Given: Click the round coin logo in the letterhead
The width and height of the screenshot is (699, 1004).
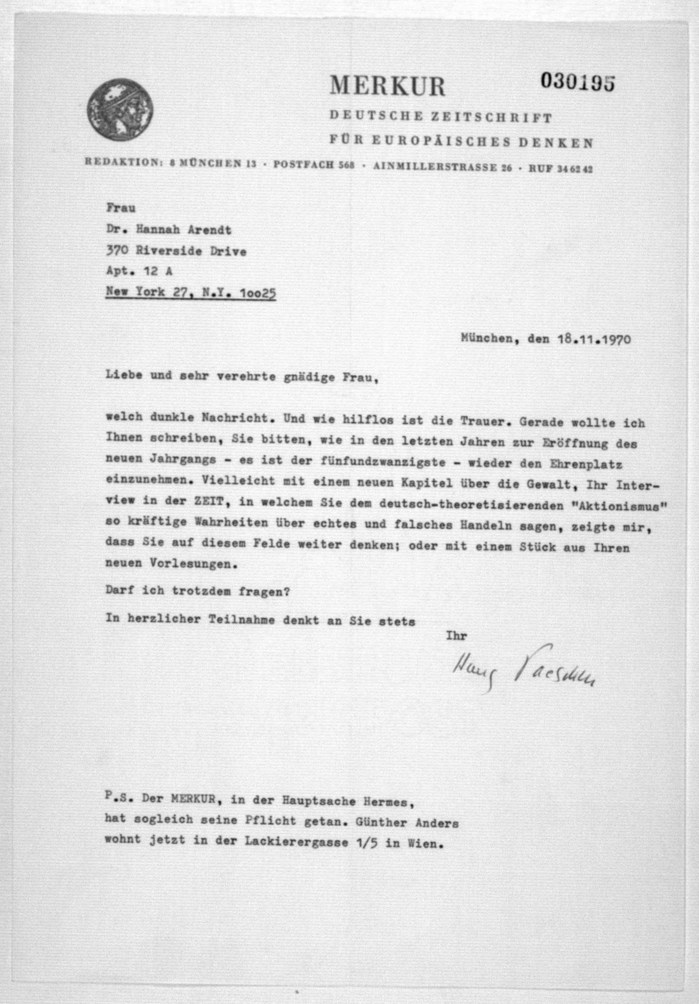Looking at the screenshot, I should (120, 112).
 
